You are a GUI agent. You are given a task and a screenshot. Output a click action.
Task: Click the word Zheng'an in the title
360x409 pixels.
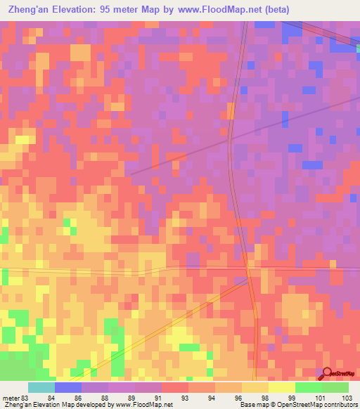coord(30,10)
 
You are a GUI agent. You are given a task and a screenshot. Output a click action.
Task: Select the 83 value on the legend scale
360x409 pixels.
coord(27,398)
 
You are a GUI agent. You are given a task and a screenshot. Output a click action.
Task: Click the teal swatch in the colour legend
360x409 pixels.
coord(41,387)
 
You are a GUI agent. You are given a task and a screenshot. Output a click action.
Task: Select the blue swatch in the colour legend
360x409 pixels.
coord(68,387)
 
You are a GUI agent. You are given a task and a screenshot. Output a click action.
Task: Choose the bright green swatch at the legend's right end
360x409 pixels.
coord(335,387)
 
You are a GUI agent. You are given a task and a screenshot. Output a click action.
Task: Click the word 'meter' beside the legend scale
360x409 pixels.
coord(11,398)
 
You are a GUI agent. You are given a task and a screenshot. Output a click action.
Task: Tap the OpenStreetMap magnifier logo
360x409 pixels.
coord(326,375)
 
